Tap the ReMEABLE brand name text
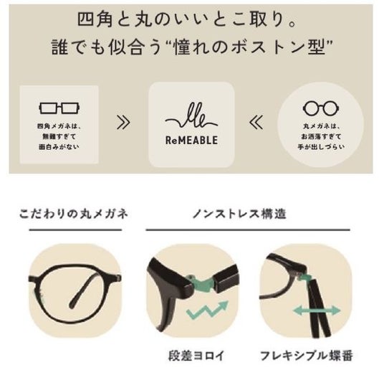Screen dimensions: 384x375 tap(191, 141)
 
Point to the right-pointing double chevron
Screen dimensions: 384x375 tap(123, 123)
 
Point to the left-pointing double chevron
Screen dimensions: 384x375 tap(256, 123)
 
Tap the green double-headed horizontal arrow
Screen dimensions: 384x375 tap(317, 310)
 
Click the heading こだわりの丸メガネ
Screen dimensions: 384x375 tap(74, 214)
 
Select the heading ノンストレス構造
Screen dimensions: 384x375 tap(239, 214)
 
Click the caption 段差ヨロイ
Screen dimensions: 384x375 tap(196, 356)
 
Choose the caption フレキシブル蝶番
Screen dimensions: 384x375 tap(307, 356)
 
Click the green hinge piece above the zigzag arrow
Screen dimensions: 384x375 tap(201, 285)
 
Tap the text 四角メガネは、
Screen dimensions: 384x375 tap(59, 126)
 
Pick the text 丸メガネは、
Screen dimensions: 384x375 tap(321, 126)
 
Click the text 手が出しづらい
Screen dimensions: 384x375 tap(321, 147)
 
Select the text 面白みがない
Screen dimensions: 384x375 tap(59, 147)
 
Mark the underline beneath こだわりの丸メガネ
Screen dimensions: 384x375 tap(75, 230)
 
